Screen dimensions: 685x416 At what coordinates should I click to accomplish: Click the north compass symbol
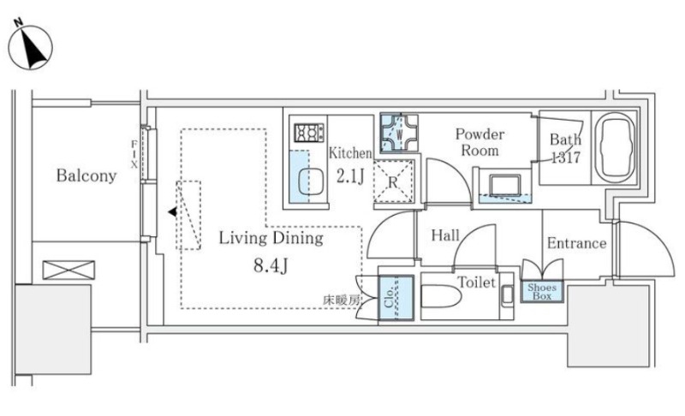(31, 47)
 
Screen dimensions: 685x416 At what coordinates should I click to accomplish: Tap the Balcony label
(86, 175)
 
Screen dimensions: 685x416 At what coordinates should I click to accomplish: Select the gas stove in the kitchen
(309, 133)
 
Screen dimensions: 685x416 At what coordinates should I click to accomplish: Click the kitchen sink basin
(311, 181)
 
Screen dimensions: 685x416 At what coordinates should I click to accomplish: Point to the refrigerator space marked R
(393, 181)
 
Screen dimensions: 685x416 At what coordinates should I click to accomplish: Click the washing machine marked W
(399, 134)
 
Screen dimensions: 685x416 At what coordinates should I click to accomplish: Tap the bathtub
(615, 147)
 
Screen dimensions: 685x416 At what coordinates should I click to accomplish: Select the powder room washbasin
(505, 186)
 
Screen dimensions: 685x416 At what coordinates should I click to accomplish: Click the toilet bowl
(441, 296)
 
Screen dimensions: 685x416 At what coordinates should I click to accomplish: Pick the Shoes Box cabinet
(542, 292)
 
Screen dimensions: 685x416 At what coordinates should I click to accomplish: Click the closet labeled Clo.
(396, 298)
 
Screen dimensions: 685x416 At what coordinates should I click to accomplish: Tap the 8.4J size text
(271, 265)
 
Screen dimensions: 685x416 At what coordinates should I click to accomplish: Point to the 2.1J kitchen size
(350, 176)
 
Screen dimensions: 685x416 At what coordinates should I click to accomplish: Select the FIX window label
(134, 154)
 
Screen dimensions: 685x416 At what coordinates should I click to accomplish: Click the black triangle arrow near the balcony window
(173, 211)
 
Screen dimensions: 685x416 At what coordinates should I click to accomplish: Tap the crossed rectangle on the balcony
(68, 270)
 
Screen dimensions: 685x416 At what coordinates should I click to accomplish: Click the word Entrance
(576, 243)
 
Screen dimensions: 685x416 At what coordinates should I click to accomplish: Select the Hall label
(445, 235)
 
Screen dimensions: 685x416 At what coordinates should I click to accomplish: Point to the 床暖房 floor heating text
(342, 300)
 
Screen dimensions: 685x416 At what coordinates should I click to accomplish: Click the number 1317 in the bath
(566, 157)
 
